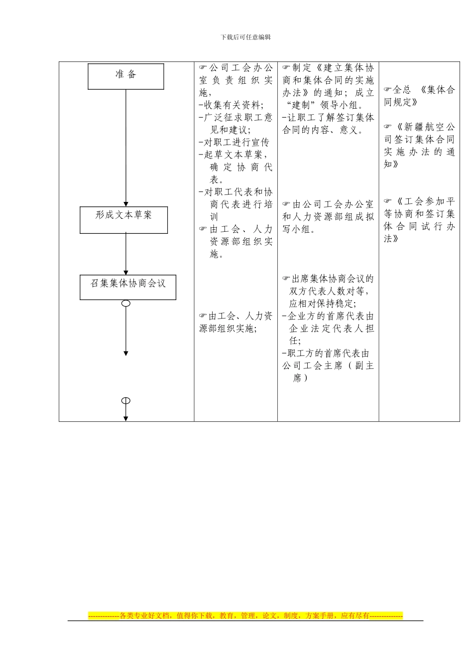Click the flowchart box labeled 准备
[126, 76]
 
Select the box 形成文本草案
[123, 220]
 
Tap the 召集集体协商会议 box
[127, 287]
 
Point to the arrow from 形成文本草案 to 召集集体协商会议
[126, 254]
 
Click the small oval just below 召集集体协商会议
[126, 304]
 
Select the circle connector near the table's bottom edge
[126, 400]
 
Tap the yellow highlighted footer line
[245, 616]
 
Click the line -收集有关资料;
[231, 105]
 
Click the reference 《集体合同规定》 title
[419, 96]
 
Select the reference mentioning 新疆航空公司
[419, 145]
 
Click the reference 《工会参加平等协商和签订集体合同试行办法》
[419, 220]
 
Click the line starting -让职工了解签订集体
[328, 118]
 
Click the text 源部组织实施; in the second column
[228, 329]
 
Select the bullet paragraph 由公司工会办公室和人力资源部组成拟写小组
[328, 217]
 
